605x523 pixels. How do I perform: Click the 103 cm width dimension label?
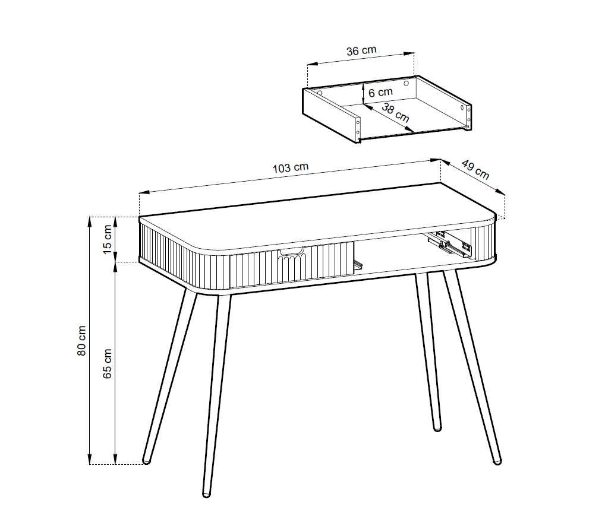[291, 167]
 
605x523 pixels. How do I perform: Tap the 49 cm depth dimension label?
[475, 170]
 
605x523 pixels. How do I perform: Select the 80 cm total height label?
[81, 341]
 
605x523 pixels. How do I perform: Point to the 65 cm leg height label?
[108, 363]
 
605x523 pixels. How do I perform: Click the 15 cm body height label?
[108, 239]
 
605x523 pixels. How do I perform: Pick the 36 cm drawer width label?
[361, 50]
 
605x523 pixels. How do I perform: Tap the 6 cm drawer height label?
[380, 93]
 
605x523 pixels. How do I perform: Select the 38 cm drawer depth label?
[395, 113]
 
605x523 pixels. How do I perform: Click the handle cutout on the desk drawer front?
[292, 252]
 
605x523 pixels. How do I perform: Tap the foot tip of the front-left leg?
[207, 494]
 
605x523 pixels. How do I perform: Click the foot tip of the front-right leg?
[497, 460]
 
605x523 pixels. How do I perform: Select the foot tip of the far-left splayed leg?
[146, 460]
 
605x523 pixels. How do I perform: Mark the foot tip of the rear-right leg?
[437, 428]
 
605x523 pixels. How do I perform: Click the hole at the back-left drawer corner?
[320, 93]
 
